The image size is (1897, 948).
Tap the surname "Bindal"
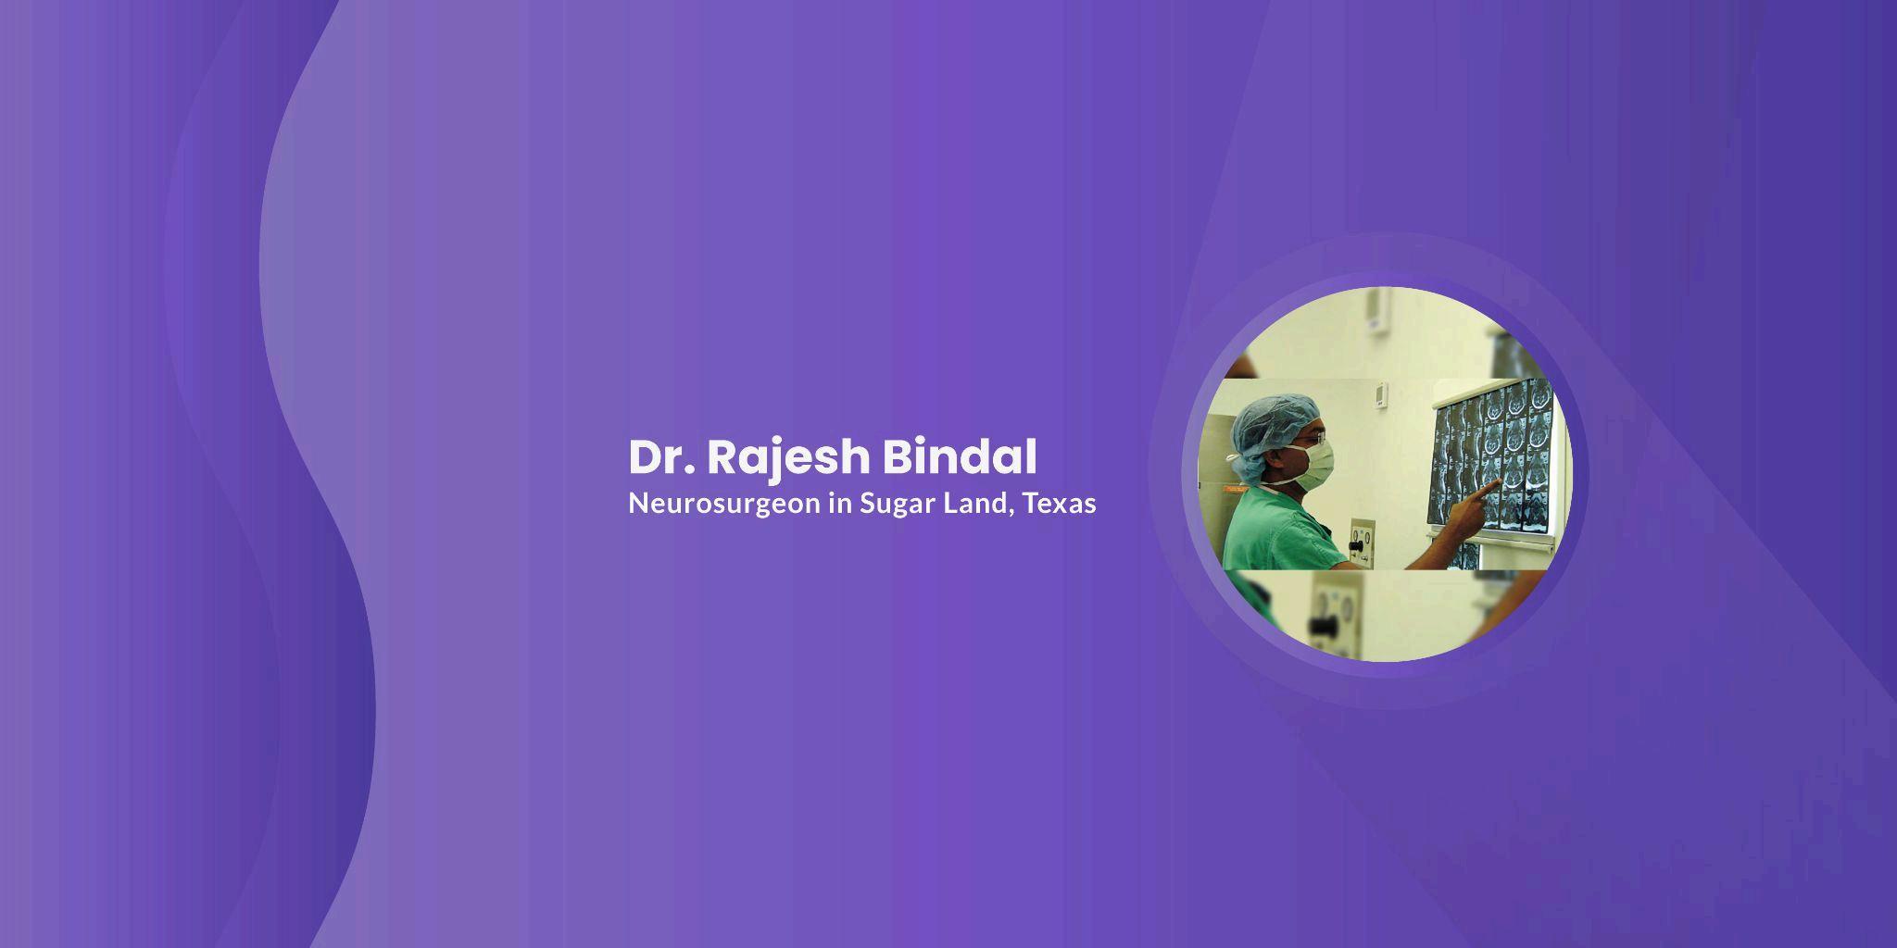click(959, 456)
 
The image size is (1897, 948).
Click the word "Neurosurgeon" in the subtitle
click(724, 505)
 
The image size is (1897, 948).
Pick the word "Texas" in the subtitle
click(1060, 504)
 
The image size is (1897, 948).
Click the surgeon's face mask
click(1312, 464)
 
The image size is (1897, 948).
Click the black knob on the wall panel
click(1360, 547)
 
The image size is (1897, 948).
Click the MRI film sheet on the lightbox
click(1493, 458)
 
